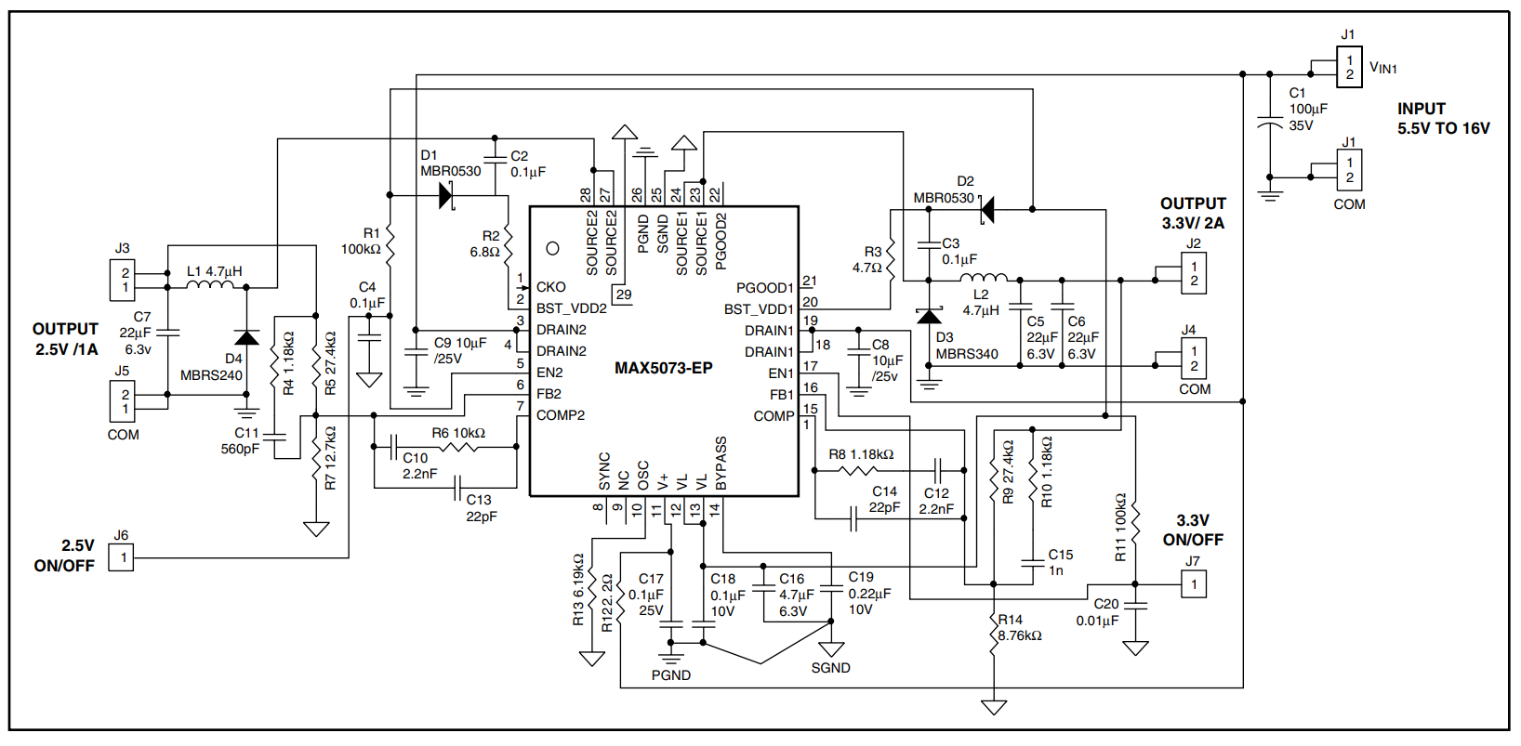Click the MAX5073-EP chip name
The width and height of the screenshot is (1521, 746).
click(664, 368)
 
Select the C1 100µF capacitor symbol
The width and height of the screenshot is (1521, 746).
click(1269, 124)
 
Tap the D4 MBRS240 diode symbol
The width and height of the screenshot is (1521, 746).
click(246, 337)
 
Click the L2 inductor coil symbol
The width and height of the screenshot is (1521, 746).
click(984, 277)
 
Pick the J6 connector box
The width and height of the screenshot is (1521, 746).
click(121, 558)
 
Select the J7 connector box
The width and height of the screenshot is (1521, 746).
click(1194, 584)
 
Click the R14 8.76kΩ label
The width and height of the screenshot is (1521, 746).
click(1019, 628)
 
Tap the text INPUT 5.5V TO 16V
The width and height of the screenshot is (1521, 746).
click(1444, 119)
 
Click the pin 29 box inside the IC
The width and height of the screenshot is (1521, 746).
click(623, 295)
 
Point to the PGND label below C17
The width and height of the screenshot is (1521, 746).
click(671, 674)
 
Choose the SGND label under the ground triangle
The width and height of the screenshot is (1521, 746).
click(830, 668)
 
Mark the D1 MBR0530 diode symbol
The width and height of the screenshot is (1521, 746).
click(446, 195)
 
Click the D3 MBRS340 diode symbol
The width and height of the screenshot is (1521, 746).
click(929, 316)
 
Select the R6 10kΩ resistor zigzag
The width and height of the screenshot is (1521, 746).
click(458, 447)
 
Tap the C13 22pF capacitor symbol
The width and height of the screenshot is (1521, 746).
click(457, 488)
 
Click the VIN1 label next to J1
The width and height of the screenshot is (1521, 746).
click(1383, 67)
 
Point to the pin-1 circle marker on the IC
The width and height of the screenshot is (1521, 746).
click(553, 248)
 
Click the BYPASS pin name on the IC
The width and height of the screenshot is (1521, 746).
click(721, 463)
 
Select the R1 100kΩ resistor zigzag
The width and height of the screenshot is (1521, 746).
click(390, 242)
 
